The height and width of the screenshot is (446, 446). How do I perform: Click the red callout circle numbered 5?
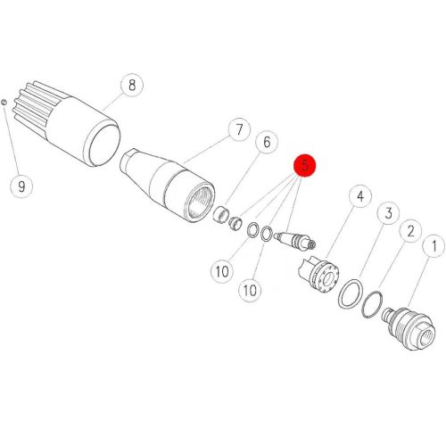click(x=305, y=166)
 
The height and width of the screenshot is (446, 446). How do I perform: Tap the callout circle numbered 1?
click(x=434, y=246)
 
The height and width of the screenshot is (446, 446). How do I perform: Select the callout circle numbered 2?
click(x=410, y=231)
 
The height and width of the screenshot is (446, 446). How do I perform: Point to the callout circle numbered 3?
click(x=388, y=213)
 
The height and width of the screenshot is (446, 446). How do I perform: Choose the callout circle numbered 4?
click(x=360, y=196)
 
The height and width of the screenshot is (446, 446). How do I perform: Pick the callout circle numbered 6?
click(x=267, y=142)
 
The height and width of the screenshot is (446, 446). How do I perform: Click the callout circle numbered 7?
click(x=239, y=129)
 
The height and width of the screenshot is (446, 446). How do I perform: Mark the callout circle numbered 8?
click(x=132, y=85)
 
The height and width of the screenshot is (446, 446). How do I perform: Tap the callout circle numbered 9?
click(x=21, y=186)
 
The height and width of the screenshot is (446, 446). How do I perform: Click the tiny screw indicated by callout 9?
click(x=4, y=103)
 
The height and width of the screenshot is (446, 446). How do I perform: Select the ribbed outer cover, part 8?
click(x=66, y=123)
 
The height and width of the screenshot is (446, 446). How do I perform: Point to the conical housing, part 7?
click(x=167, y=186)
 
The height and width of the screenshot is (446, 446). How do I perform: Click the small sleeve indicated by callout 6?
click(x=220, y=213)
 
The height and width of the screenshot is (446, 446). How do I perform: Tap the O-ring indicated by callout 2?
click(x=372, y=304)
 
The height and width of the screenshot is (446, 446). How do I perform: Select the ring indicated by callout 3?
click(x=351, y=293)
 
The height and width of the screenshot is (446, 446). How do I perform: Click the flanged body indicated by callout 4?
click(x=319, y=275)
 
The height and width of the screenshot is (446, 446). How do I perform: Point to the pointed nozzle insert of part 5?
click(x=295, y=240)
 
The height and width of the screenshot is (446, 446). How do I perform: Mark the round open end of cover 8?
click(x=104, y=145)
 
